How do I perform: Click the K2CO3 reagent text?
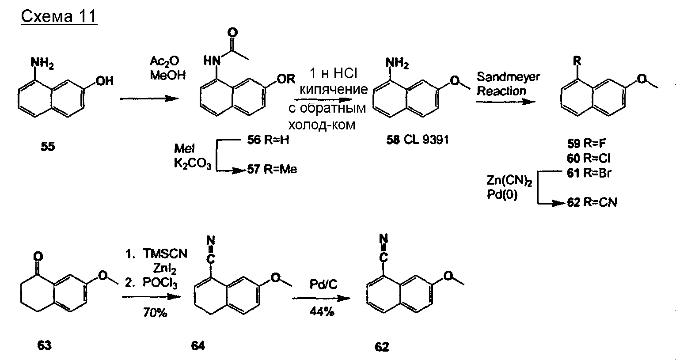(x=192, y=165)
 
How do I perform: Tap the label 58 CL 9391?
(x=417, y=140)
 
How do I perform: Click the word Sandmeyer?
(x=508, y=77)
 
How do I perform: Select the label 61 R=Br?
(x=589, y=173)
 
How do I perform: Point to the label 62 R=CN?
(x=592, y=203)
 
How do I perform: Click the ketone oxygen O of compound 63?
(x=38, y=256)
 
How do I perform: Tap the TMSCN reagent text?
(x=165, y=254)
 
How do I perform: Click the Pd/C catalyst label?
(x=323, y=284)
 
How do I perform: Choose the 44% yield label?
(x=323, y=312)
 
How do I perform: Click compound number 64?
(x=197, y=346)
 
